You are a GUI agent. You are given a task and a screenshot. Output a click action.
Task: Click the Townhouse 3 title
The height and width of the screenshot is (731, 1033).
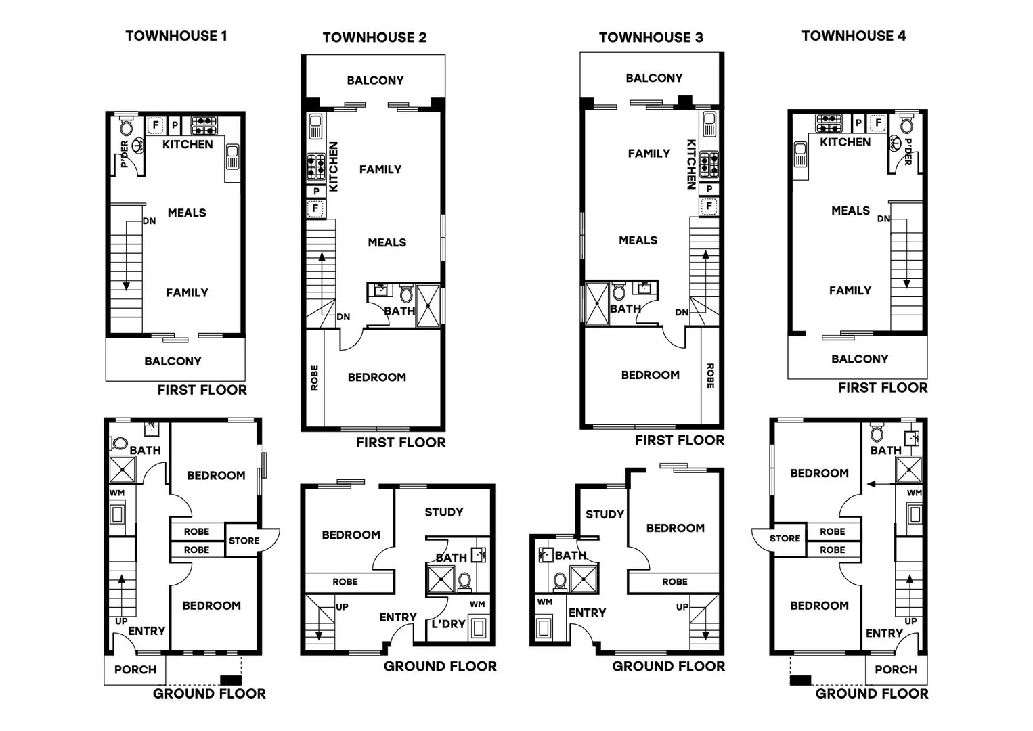[651, 37]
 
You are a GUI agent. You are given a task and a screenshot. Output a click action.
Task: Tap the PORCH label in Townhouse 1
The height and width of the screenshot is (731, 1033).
[135, 669]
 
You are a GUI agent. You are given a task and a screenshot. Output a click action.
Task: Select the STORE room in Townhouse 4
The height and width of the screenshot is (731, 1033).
[785, 539]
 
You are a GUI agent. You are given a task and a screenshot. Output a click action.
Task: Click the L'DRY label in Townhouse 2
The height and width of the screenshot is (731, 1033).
[448, 623]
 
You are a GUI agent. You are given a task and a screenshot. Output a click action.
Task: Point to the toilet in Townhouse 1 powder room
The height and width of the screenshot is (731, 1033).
[127, 127]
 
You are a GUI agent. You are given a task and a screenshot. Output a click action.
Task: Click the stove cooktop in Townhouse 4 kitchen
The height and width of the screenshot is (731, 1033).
[829, 123]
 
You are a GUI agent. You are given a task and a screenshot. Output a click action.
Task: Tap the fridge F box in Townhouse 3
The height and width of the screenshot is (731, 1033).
[709, 206]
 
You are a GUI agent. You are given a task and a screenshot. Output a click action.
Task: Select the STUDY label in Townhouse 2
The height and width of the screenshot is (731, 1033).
[443, 512]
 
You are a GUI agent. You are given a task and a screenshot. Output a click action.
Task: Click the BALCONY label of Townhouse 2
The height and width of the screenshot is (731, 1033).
[375, 81]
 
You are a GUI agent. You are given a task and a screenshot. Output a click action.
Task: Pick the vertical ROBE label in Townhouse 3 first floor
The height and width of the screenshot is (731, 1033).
[710, 376]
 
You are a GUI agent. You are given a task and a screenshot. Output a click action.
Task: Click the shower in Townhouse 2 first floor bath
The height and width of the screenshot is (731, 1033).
[428, 306]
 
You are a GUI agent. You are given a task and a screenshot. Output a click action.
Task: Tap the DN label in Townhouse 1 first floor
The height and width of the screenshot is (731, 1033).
[149, 221]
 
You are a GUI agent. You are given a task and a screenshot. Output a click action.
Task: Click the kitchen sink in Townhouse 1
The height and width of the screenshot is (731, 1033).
[232, 156]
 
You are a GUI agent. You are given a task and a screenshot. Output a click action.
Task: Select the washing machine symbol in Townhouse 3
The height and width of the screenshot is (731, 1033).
[543, 627]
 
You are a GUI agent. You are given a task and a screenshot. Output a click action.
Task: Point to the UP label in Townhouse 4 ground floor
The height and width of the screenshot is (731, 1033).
[910, 621]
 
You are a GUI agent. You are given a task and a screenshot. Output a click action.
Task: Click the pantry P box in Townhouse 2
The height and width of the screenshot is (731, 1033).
[316, 192]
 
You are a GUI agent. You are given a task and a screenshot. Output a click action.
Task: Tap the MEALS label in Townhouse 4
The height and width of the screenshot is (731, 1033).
[850, 211]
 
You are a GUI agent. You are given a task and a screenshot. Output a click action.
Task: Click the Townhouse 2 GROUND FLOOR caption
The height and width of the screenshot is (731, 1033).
[440, 666]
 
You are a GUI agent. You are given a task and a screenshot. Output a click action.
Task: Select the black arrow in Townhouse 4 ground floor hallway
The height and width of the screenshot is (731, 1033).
[879, 484]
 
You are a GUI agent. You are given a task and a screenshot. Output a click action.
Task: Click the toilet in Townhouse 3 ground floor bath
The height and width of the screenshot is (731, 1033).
[561, 580]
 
